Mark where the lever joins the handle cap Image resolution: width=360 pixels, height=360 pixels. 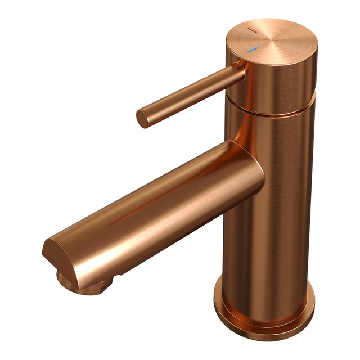coord(240,71)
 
